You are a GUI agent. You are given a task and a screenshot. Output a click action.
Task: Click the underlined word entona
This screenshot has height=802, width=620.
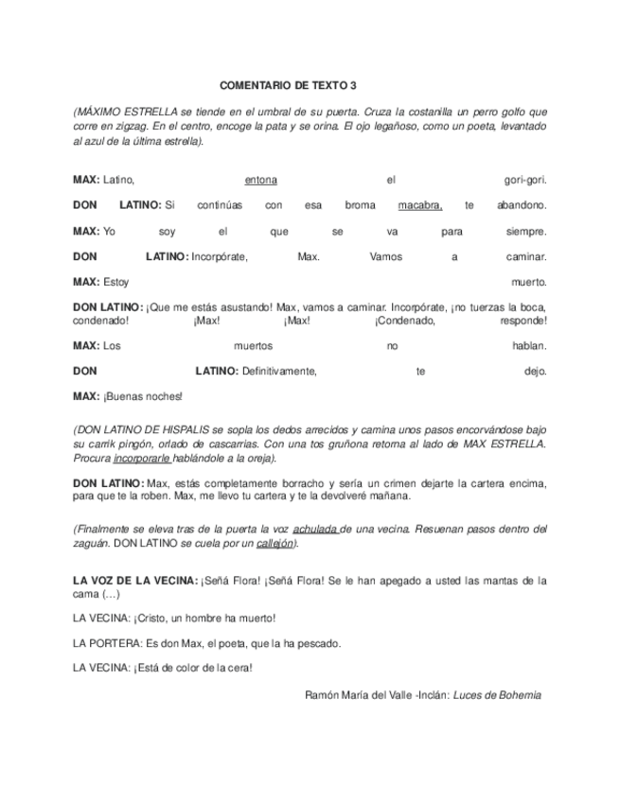(260, 180)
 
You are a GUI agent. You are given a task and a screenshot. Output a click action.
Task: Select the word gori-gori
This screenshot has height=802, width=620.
(526, 180)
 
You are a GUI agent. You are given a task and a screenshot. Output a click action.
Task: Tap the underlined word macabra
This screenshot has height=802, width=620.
(420, 205)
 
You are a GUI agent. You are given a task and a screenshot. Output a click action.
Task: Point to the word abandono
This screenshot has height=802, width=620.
(522, 205)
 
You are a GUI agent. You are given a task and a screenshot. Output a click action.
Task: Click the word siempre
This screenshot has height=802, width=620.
(526, 231)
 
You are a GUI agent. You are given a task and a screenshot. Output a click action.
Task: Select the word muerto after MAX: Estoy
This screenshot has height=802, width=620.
(529, 282)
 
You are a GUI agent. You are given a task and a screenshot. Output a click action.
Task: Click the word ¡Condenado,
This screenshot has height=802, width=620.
(404, 321)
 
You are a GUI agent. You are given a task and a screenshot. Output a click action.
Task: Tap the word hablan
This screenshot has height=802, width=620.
(530, 346)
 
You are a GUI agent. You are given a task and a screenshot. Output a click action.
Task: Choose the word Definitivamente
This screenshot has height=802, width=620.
(279, 372)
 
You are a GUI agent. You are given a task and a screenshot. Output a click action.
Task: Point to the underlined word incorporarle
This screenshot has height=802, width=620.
(142, 459)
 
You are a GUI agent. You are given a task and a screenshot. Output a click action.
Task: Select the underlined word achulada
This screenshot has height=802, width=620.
(315, 531)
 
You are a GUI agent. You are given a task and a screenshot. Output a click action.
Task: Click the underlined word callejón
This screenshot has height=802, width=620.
(275, 544)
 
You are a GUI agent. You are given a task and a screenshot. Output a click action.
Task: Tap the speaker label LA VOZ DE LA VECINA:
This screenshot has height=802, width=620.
(135, 580)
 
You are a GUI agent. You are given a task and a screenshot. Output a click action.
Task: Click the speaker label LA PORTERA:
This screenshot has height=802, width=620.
(107, 643)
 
